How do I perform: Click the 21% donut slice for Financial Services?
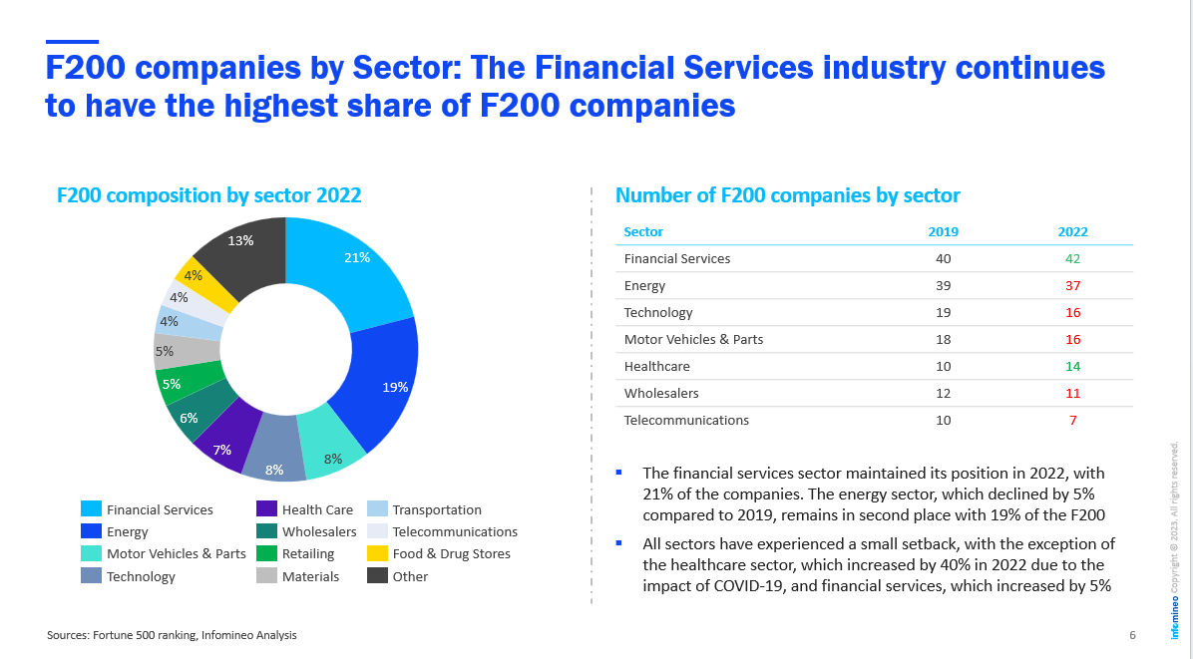click(x=354, y=269)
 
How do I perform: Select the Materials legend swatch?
click(x=266, y=576)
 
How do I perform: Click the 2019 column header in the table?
click(x=943, y=231)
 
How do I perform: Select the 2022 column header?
click(x=1072, y=231)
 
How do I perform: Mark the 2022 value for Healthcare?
click(x=1072, y=366)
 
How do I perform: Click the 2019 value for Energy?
click(x=943, y=285)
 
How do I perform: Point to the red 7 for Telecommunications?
click(x=1072, y=420)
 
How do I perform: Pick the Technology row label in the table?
click(x=657, y=312)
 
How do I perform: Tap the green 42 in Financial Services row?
click(x=1072, y=258)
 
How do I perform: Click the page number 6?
click(x=1132, y=635)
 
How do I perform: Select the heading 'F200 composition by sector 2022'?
click(x=208, y=195)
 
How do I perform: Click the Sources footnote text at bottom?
click(x=172, y=635)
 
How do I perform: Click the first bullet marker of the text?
click(x=619, y=472)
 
